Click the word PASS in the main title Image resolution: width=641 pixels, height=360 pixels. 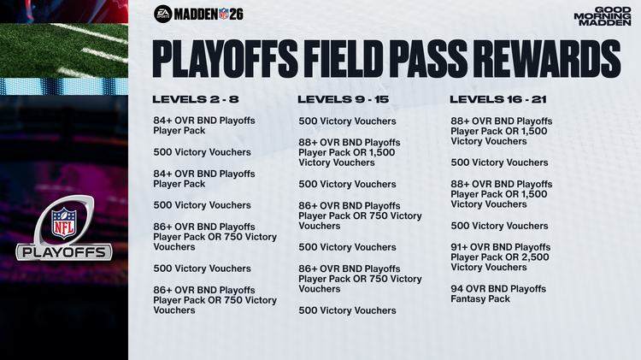pos(438,59)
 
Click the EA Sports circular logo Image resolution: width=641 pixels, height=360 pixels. pos(163,14)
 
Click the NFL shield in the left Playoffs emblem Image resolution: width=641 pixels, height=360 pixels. pos(63,222)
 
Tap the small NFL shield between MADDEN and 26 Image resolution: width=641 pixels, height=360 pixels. pos(224,14)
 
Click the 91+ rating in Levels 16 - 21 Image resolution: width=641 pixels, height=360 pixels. pos(462,247)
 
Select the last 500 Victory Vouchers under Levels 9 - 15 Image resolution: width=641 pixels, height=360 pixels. pos(347,310)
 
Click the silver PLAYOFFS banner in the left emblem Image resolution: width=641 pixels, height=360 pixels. pos(64,252)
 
